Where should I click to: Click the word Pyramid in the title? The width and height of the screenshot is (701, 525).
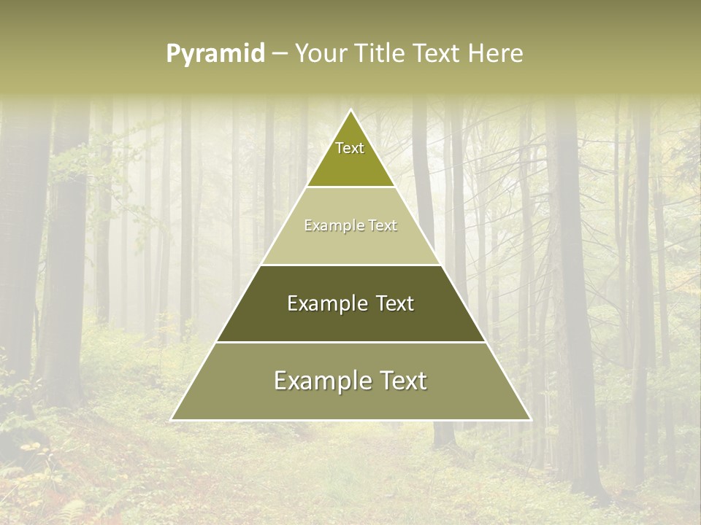click(x=215, y=54)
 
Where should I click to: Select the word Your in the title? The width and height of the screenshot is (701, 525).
click(x=320, y=53)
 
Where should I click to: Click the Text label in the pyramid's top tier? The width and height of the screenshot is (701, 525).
click(x=350, y=148)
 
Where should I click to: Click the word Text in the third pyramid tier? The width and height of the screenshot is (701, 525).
click(x=395, y=303)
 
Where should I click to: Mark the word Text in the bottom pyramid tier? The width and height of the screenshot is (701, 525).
click(x=404, y=381)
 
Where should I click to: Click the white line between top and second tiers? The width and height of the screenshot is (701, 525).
click(x=350, y=187)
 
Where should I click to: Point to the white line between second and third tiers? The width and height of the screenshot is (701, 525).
click(x=350, y=265)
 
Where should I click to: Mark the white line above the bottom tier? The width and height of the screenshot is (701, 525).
click(x=350, y=342)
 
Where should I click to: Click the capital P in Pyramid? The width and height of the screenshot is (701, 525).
click(x=172, y=53)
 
